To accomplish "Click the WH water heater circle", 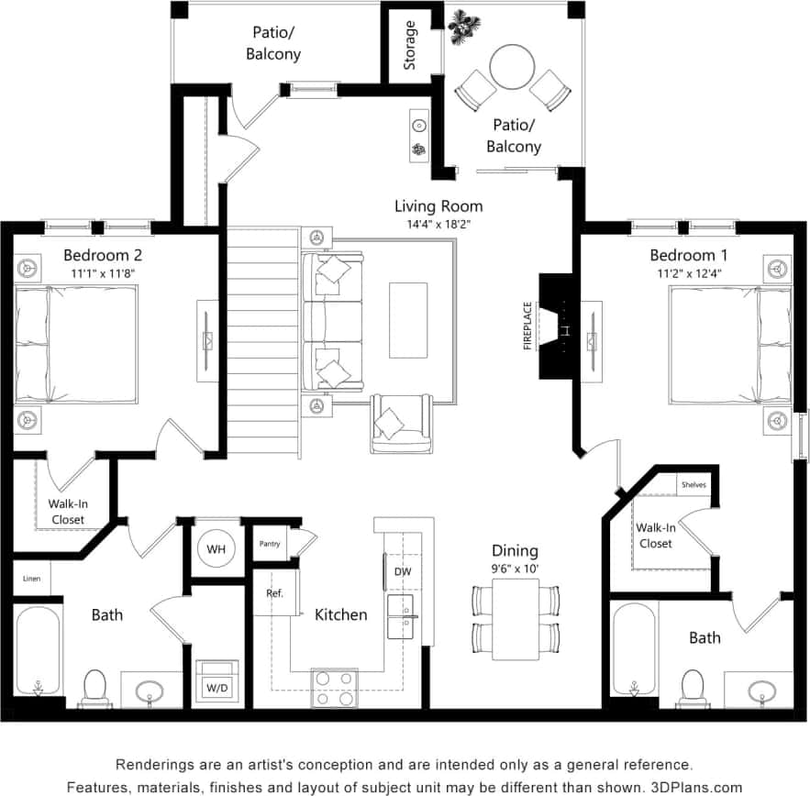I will pos(216,547).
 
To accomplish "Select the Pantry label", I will pos(270,544).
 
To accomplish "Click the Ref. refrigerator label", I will pos(274,593).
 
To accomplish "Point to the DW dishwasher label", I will pos(403,571).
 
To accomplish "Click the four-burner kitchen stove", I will pos(335,688).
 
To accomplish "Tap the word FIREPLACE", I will pos(527,326).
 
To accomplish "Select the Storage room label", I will pos(410,45).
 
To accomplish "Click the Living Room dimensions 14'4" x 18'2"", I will pos(438,225).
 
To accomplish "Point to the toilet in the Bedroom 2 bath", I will pos(95,686).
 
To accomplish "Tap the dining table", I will pos(515,620).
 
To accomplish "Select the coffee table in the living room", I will pos(407,320).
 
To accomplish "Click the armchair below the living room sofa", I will pos(401,423).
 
